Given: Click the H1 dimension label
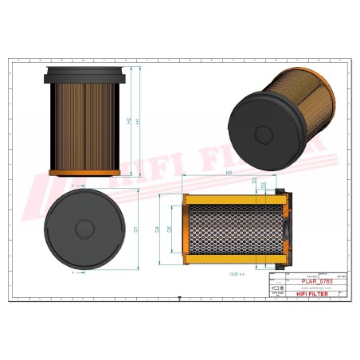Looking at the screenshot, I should [138, 121].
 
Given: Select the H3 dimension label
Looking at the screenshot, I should [229, 173].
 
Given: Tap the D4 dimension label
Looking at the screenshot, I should [158, 229].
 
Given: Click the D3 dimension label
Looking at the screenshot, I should [254, 182].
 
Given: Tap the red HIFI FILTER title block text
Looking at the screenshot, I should [311, 295].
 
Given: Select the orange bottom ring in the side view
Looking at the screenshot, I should [84, 173].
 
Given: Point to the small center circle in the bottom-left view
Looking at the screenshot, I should [84, 229].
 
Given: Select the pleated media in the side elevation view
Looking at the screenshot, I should [84, 123].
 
